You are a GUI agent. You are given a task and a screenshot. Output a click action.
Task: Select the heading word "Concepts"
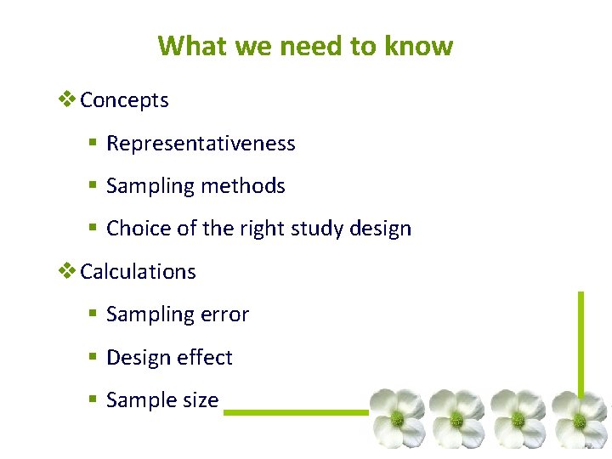tap(124, 100)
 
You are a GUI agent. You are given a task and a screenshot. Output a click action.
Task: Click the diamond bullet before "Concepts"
tap(67, 99)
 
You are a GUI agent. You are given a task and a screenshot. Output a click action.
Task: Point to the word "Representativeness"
tap(201, 144)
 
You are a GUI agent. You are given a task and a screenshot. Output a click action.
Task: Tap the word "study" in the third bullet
tap(332, 229)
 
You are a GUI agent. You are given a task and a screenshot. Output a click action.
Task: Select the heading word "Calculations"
tap(138, 272)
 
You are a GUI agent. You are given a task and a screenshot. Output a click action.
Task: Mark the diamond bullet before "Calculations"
tap(67, 271)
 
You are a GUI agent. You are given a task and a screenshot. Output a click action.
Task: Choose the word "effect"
tap(204, 358)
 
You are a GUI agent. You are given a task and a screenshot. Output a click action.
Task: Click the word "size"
tap(199, 400)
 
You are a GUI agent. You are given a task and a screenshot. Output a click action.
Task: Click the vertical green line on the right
tap(581, 340)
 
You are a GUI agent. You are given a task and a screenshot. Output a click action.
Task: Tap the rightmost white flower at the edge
tap(581, 418)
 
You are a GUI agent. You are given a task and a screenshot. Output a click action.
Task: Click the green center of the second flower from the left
tap(457, 418)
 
